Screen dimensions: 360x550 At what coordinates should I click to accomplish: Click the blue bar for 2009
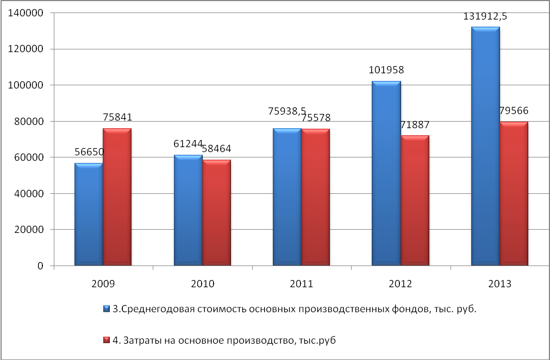pos(89,214)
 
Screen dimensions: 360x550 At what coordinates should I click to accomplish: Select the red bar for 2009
pos(117,197)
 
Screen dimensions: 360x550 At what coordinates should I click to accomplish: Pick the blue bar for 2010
pos(188,211)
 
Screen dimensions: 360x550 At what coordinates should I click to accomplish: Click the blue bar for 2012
pos(386,174)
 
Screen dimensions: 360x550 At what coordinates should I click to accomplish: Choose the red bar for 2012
pos(415,201)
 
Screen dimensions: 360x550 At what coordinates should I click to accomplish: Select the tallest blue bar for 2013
pos(485,147)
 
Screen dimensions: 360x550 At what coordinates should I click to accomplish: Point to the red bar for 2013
pos(514,194)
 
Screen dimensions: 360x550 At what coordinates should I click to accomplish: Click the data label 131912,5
pos(485,17)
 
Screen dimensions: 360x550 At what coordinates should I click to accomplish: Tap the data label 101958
pos(386,70)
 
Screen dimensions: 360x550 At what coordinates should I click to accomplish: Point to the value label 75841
pos(117,117)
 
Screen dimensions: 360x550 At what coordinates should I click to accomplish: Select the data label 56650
pos(88,153)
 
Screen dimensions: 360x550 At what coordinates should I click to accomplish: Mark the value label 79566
pos(514,111)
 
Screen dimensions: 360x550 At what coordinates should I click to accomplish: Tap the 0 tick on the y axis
pos(41,266)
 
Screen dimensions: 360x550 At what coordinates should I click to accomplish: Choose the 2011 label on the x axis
pos(302,284)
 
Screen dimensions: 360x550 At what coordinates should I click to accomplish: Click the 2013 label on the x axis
pos(500,284)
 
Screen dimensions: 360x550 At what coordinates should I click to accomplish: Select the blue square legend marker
pos(107,309)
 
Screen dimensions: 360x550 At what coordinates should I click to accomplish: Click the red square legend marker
pos(107,340)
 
